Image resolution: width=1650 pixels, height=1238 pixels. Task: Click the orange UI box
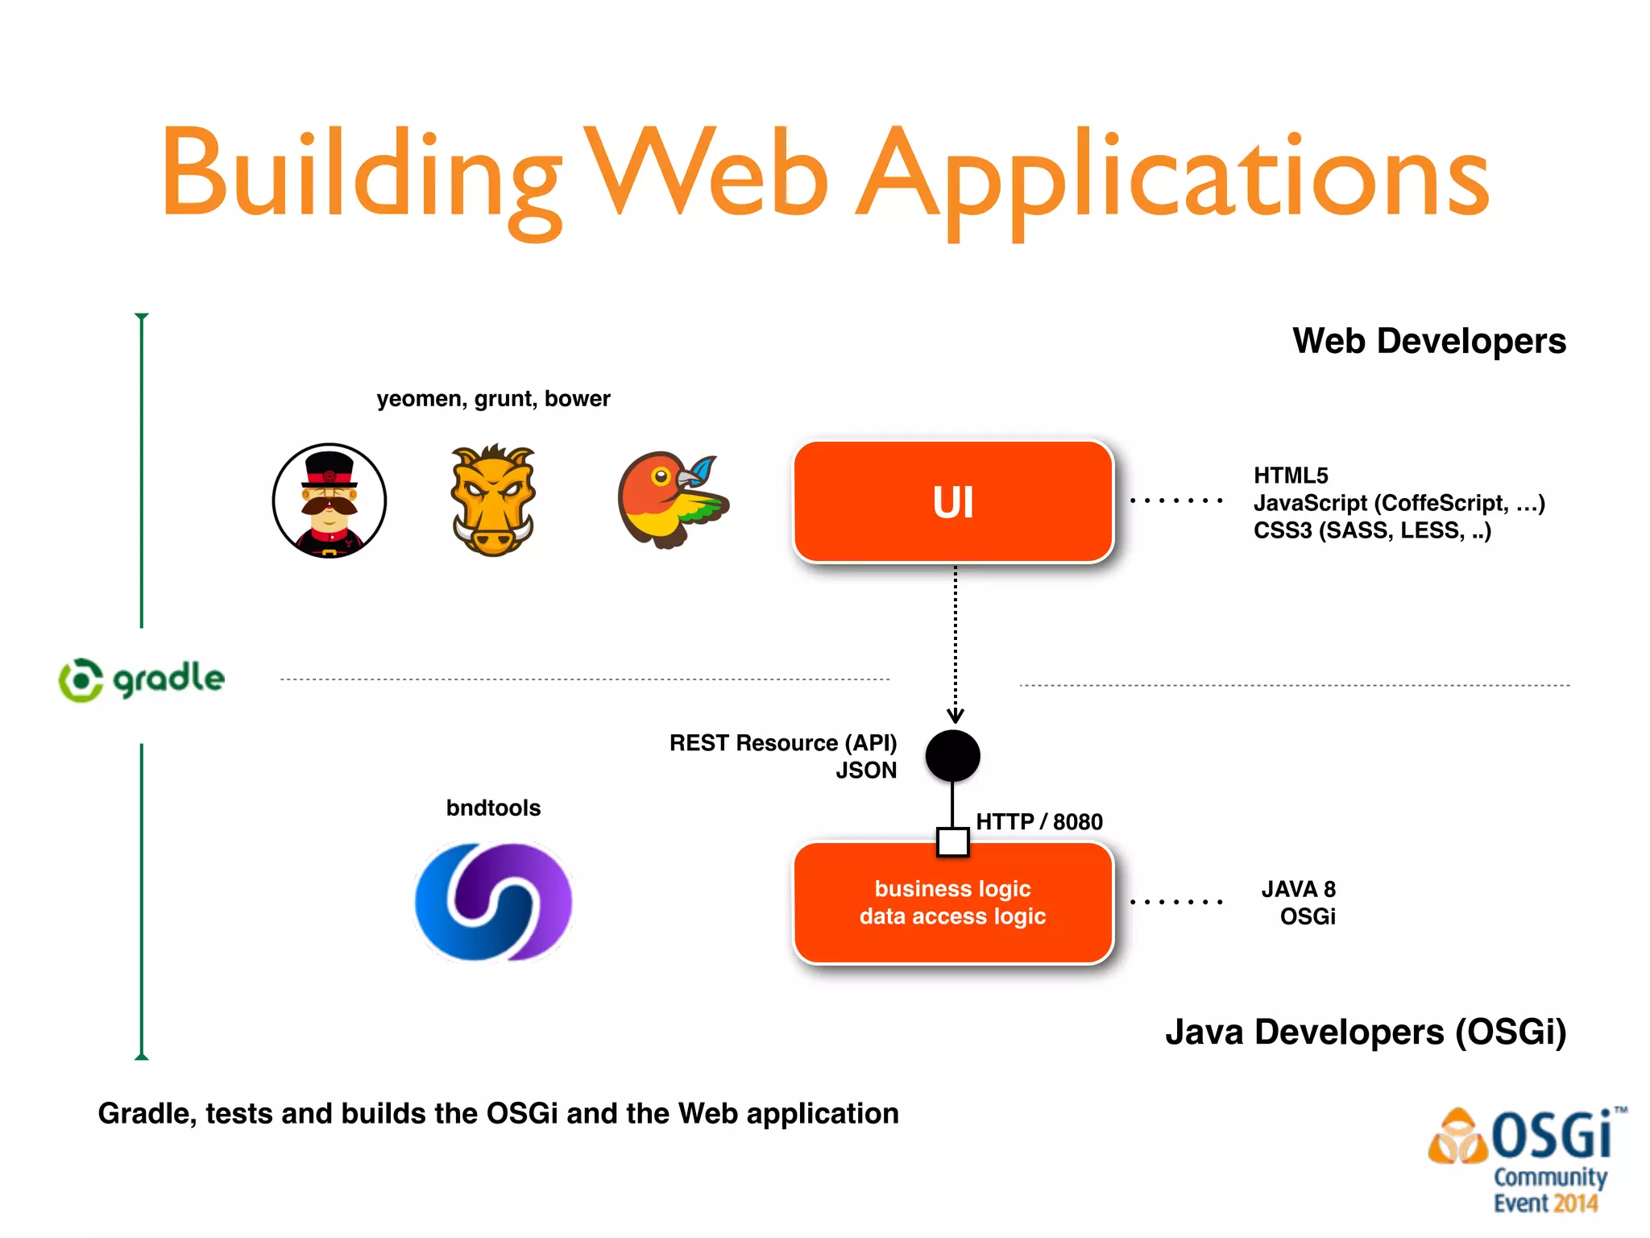tap(953, 501)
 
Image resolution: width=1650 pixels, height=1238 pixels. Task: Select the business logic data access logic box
tap(953, 903)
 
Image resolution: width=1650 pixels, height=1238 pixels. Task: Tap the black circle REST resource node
tap(952, 755)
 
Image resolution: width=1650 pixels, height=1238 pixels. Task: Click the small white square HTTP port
tap(952, 842)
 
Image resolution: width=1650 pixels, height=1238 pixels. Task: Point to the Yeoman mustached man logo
tap(329, 501)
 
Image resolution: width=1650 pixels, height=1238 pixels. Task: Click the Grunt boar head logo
tap(493, 501)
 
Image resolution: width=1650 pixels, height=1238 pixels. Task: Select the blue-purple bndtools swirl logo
tap(493, 901)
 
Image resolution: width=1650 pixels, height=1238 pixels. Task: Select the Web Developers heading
tap(1428, 341)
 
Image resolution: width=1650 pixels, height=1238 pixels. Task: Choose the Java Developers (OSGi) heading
tap(1365, 1032)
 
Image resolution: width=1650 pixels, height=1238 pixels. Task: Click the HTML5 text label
tap(1291, 476)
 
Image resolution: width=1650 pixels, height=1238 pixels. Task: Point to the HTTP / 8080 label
tap(1039, 821)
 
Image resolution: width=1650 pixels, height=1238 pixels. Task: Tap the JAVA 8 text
tap(1298, 889)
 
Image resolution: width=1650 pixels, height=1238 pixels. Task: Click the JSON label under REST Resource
tap(866, 771)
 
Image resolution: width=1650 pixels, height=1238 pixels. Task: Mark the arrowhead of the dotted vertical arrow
tap(955, 716)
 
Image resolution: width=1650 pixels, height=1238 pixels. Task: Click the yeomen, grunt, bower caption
tap(493, 399)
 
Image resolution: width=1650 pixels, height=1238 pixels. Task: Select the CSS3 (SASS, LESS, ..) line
tap(1371, 530)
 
